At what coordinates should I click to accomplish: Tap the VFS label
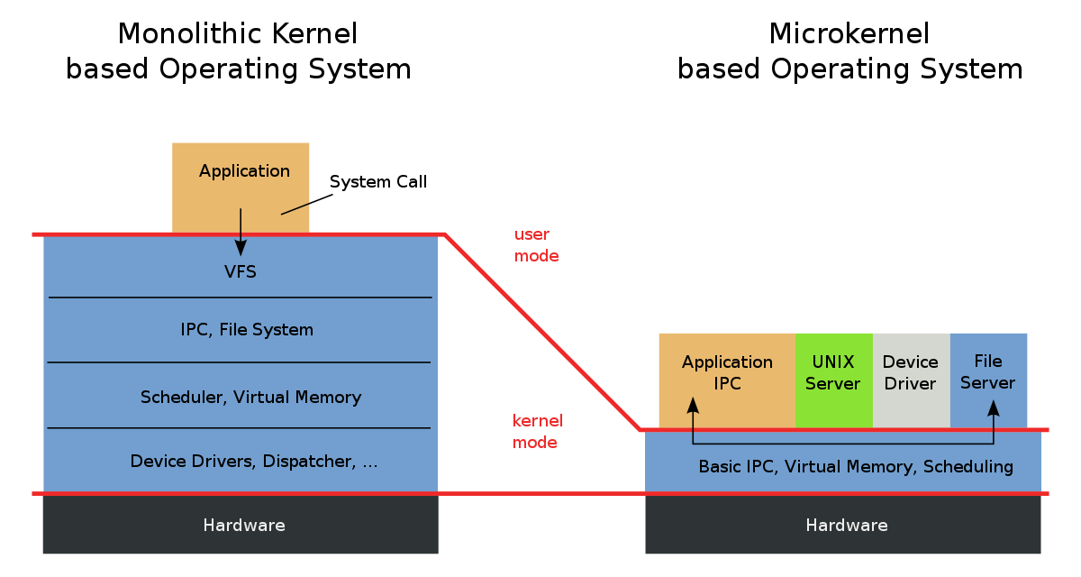coord(241,271)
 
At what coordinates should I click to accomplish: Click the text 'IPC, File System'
coord(247,330)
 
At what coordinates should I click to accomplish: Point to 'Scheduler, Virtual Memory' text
coord(250,398)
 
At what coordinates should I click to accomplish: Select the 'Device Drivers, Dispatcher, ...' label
coord(254,462)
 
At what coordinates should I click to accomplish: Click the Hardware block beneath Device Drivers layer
coord(243,526)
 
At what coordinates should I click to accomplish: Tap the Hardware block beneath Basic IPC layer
coord(846,526)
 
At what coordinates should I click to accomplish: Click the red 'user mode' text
coord(536,245)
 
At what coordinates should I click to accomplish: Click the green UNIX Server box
coord(833,372)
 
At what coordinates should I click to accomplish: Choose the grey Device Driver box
coord(911,372)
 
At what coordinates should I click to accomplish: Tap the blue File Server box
coord(988,372)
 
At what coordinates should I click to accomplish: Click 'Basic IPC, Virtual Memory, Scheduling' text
coord(856,467)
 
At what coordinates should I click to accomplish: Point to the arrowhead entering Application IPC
coord(692,408)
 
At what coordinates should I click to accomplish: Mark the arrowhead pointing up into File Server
coord(994,408)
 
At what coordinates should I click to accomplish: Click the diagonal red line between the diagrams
coord(540,331)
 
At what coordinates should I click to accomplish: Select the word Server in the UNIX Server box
coord(833,384)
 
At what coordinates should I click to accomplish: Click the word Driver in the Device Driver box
coord(911,384)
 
